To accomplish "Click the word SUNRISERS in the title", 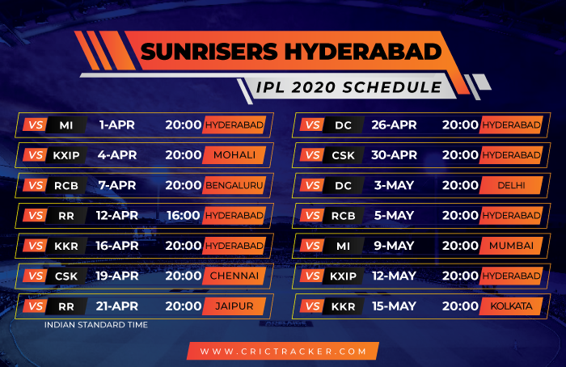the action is (x=209, y=52).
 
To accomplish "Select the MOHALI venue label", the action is (x=234, y=155).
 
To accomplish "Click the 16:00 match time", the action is (x=183, y=216).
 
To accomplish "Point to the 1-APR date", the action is (x=117, y=124).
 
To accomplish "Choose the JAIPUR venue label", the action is (x=234, y=306).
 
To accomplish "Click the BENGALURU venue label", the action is (x=234, y=185).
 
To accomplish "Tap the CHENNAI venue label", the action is (x=234, y=276).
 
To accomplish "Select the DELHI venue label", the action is (x=511, y=185).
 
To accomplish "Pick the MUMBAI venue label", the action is (x=511, y=246).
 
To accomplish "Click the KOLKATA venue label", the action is (x=511, y=306).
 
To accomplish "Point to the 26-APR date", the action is (x=395, y=124).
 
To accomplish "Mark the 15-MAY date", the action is (x=395, y=306).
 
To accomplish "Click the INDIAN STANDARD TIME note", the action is (x=96, y=325).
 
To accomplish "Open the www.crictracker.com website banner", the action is (x=283, y=351).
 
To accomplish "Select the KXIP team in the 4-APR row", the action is (x=66, y=155).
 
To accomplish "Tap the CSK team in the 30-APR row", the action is (x=344, y=155).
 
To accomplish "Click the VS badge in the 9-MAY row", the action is (x=313, y=246).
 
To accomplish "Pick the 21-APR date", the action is (x=117, y=306).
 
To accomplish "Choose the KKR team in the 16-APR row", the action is (x=66, y=246).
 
